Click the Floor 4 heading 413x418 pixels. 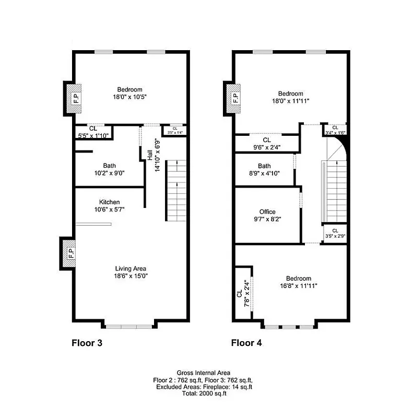click(246, 343)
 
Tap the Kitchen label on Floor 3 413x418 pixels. click(110, 202)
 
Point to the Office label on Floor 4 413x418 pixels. click(267, 212)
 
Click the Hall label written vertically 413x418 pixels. click(150, 155)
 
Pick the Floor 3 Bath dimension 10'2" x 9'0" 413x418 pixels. click(109, 173)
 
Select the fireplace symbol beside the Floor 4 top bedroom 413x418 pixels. click(235, 97)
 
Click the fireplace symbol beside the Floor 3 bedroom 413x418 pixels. click(75, 98)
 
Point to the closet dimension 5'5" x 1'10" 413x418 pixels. click(93, 135)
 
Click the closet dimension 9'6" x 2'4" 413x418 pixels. click(266, 147)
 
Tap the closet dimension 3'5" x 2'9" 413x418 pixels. click(335, 236)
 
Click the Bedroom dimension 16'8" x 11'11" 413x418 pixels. click(298, 285)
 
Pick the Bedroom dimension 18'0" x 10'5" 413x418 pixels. click(129, 97)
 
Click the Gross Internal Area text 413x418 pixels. click(204, 373)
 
